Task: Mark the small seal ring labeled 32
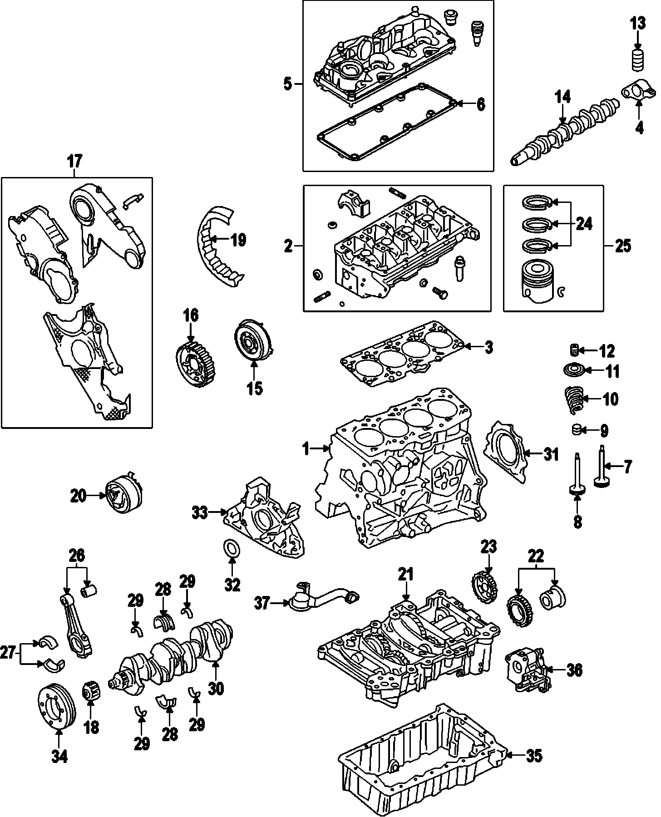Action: click(232, 548)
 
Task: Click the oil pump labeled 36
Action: click(527, 669)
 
